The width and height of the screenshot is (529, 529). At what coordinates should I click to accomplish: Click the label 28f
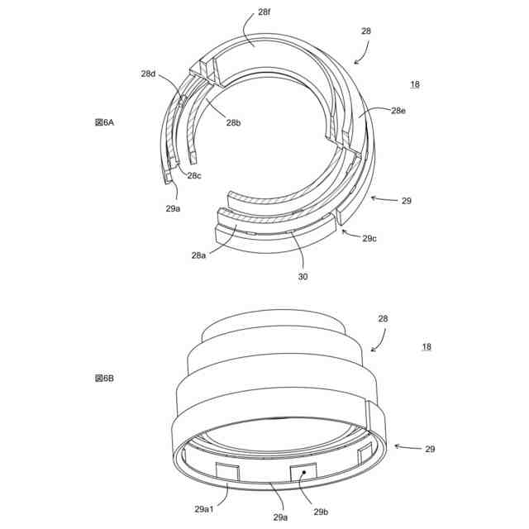pyautogui.click(x=264, y=12)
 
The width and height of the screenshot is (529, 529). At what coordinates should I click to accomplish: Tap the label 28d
pyautogui.click(x=148, y=74)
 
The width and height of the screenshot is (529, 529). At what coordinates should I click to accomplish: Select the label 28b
pyautogui.click(x=233, y=122)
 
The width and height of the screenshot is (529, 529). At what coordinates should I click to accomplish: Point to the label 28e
pyautogui.click(x=398, y=111)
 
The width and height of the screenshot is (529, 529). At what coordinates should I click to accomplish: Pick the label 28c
pyautogui.click(x=194, y=175)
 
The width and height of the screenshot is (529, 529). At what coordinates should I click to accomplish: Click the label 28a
pyautogui.click(x=198, y=255)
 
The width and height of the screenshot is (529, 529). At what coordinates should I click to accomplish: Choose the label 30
pyautogui.click(x=303, y=276)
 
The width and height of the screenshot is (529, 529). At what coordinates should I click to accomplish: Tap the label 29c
pyautogui.click(x=369, y=239)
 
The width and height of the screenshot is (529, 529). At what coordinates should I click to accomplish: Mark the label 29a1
pyautogui.click(x=204, y=509)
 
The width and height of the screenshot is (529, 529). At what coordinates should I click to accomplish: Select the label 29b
pyautogui.click(x=321, y=512)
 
